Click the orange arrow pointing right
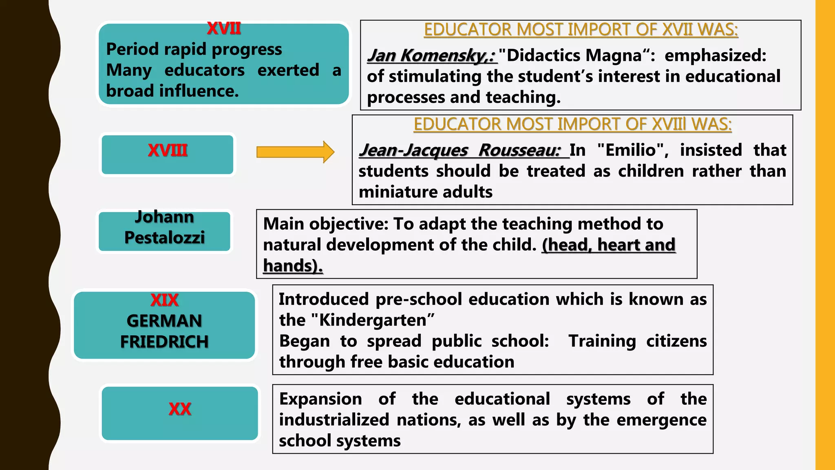[x=295, y=152]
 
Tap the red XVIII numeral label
[x=168, y=151]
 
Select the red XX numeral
[x=180, y=409]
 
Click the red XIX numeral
[x=164, y=300]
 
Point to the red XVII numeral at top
[x=224, y=29]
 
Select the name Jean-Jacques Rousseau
[x=460, y=150]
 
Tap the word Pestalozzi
[x=165, y=237]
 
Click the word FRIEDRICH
[x=164, y=342]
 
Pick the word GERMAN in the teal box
[x=164, y=321]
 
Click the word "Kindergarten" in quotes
[x=373, y=320]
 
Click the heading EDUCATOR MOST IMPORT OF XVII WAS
[x=581, y=30]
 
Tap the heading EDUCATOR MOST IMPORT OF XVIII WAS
[x=572, y=124]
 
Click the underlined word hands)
[x=293, y=266]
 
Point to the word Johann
[x=165, y=217]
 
